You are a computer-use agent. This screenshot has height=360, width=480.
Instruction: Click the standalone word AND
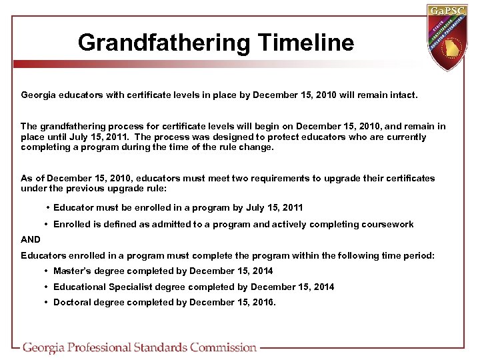tap(31, 239)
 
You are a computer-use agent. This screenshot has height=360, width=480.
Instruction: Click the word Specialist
tap(133, 287)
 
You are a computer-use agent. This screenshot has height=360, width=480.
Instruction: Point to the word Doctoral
tap(72, 302)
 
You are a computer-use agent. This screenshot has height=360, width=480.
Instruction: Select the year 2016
tap(261, 302)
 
